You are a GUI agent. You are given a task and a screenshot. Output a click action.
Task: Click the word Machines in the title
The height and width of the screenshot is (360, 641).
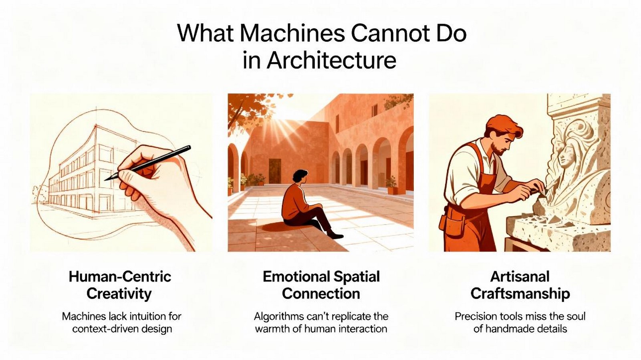[x=292, y=34]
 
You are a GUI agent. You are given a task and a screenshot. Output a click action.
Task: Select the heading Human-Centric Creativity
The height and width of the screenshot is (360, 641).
[x=120, y=285]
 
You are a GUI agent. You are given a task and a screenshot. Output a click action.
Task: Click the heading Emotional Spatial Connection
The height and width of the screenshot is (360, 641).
[x=321, y=285]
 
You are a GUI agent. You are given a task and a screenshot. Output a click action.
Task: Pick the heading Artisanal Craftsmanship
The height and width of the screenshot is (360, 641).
[x=520, y=285]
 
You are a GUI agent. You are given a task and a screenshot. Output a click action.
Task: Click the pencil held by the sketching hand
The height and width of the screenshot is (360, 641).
[x=147, y=163]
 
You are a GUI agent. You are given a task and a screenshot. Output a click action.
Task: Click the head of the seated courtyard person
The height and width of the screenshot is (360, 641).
[x=300, y=177]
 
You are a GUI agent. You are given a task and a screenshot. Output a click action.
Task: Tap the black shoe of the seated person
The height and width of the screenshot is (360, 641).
[x=335, y=235]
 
